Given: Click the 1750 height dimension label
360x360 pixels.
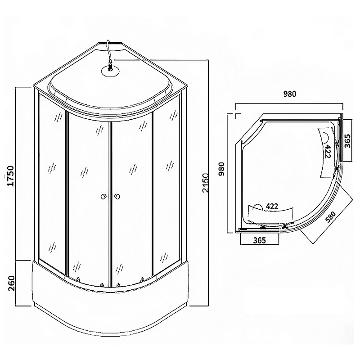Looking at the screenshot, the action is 11,176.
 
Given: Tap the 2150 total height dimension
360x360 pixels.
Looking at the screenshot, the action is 206,183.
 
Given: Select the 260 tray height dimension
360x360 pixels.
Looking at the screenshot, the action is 11,283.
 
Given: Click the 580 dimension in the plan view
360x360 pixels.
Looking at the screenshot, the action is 331,217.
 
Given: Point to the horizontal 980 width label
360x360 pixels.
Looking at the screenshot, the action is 289,94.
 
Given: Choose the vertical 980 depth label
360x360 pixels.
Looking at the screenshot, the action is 221,169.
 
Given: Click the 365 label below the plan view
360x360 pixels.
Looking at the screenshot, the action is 260,240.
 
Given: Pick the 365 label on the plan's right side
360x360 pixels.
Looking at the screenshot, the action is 348,141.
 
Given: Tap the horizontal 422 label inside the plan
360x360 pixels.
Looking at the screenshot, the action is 272,207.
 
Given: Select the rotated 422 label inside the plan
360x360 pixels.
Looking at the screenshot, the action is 327,152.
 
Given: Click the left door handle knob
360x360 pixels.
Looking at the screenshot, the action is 103,196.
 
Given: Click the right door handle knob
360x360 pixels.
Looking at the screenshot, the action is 117,196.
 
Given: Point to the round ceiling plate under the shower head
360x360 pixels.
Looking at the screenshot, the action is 110,70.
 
